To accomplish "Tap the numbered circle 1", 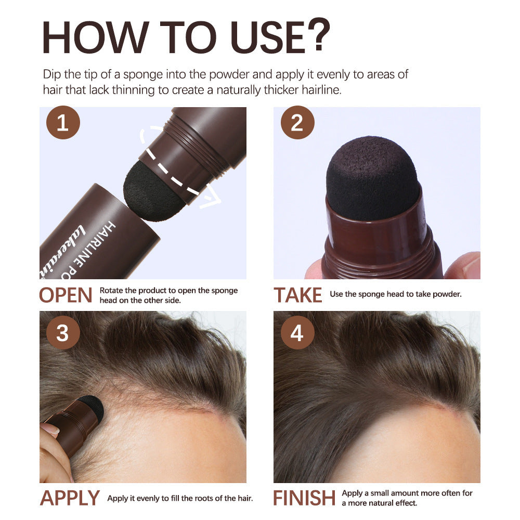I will click(63, 124).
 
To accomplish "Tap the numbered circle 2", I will click(297, 124).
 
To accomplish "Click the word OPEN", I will click(66, 295).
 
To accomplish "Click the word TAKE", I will click(298, 295).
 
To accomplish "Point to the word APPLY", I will click(70, 498).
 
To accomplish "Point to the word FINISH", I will click(305, 498).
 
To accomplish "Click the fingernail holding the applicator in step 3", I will click(50, 429).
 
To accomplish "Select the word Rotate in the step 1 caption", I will click(112, 291).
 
